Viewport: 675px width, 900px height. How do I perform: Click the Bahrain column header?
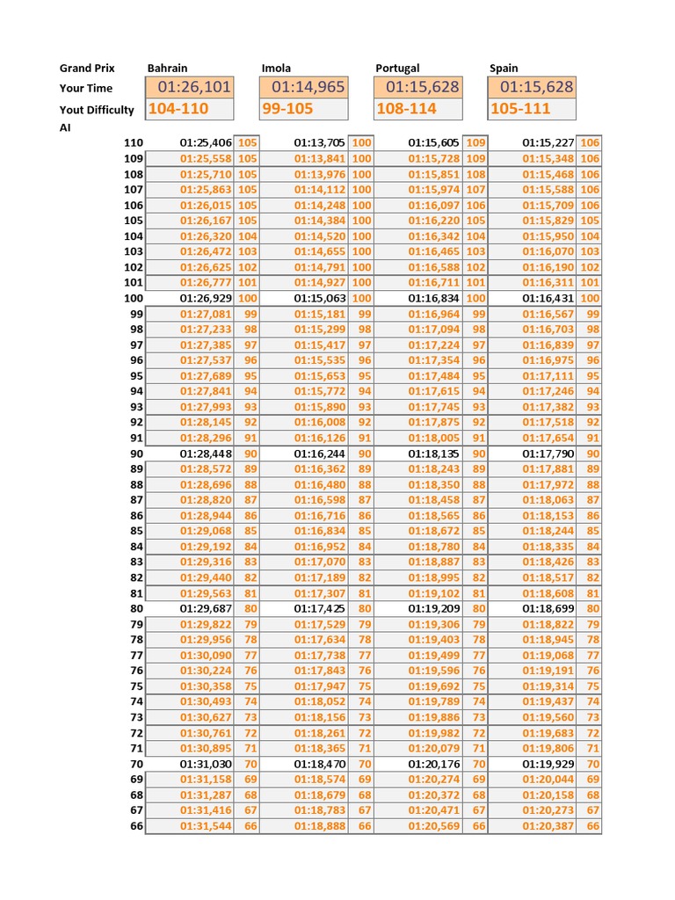point(167,68)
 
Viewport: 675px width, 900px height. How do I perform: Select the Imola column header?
point(276,68)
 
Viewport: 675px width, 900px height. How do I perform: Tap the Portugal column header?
point(397,68)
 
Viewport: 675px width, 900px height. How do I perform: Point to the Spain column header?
point(504,68)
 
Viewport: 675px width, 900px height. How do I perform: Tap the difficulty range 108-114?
point(406,109)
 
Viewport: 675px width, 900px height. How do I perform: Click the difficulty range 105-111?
point(520,109)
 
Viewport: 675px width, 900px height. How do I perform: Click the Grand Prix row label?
point(87,68)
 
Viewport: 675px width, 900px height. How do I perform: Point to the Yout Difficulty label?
point(97,110)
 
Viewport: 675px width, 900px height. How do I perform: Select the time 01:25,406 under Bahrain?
point(206,142)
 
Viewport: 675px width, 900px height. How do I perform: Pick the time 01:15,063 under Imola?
point(320,299)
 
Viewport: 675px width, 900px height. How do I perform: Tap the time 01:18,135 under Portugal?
point(434,454)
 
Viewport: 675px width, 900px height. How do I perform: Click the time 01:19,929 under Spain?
point(548,765)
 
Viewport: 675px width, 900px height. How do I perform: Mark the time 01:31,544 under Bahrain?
point(206,827)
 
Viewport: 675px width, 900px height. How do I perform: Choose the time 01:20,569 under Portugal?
point(434,827)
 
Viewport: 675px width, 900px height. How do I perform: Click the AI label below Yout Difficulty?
point(66,127)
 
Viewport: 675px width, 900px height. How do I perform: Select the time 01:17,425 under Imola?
point(320,609)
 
